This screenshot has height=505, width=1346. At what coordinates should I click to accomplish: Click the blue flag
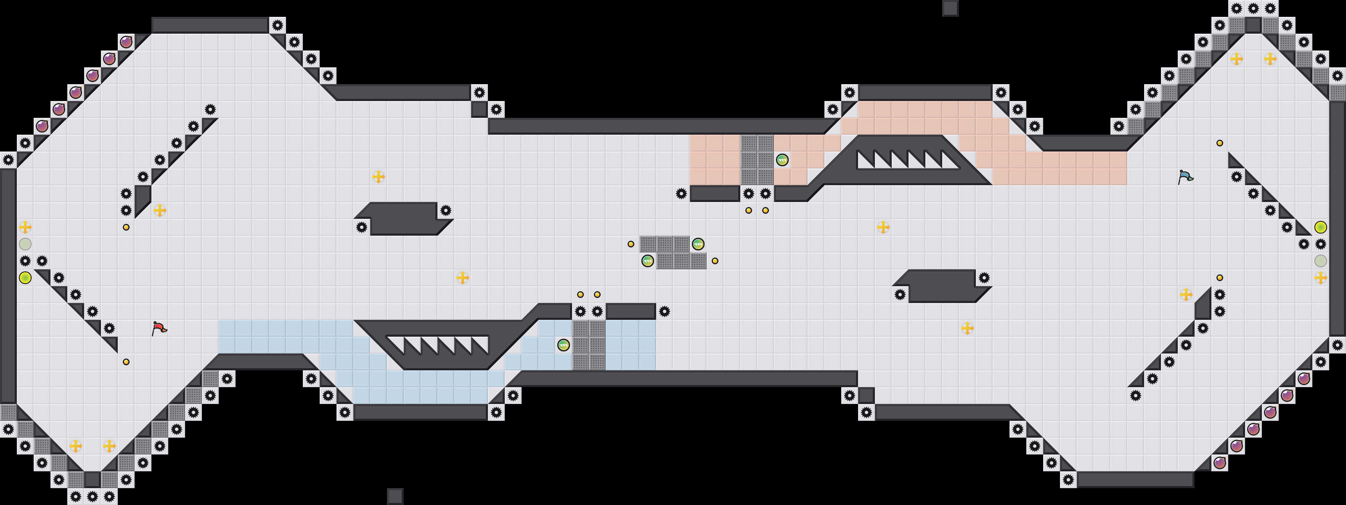pos(1185,177)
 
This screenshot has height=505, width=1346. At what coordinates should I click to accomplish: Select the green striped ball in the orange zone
pos(782,160)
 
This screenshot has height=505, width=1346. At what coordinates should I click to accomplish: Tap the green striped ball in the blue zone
pos(563,345)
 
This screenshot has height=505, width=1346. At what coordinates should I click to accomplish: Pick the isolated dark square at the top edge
pos(950,8)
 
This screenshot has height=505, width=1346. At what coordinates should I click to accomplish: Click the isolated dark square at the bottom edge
pos(395,496)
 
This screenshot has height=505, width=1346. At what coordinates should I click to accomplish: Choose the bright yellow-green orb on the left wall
pos(25,278)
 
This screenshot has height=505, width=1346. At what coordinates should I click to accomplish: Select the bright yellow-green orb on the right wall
pos(1320,227)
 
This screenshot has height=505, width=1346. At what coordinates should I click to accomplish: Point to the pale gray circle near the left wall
pos(25,244)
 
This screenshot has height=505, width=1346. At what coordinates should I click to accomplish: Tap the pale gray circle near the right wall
pos(1320,261)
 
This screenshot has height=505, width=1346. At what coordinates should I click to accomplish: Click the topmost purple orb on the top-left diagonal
pos(126,42)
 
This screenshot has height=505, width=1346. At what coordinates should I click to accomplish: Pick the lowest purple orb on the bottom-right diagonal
pos(1219,462)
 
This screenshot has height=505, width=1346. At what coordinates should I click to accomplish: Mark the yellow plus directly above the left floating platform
pos(378,177)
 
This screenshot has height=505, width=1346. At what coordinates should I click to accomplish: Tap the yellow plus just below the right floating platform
pos(967,328)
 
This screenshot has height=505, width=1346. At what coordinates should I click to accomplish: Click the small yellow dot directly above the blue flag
pos(1219,143)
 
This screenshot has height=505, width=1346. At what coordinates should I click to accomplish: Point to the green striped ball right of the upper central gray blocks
pos(697,244)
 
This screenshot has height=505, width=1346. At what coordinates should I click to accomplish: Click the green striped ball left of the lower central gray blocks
pos(647,261)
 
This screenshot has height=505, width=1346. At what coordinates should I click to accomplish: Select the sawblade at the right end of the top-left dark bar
pos(278,25)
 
